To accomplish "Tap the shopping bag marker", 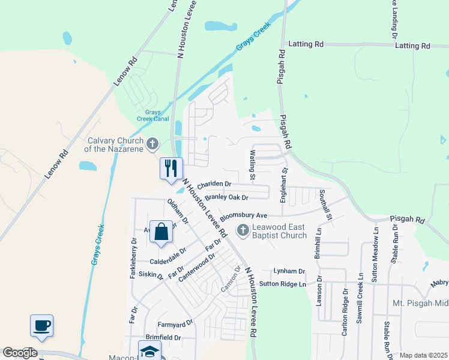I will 161,232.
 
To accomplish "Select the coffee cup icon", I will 41,326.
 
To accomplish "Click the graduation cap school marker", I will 149,352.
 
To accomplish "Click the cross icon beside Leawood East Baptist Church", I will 243,230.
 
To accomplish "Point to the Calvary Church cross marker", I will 153,143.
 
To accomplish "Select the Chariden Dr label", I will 214,184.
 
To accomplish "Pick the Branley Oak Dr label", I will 226,197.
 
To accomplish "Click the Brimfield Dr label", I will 163,338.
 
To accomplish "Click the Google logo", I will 20,352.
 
